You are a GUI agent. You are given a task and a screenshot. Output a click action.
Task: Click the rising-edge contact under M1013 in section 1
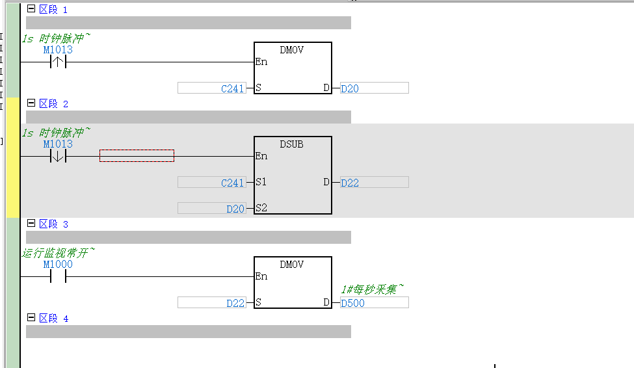coord(58,62)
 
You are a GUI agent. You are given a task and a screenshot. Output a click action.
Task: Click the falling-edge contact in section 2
coord(58,156)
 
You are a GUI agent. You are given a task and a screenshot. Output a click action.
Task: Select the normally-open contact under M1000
coord(58,276)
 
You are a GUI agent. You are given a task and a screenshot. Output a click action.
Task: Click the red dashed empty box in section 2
coord(137,155)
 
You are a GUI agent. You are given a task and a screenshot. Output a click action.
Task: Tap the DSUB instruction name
coord(291,144)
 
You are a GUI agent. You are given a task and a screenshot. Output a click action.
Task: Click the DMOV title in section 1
coord(291,50)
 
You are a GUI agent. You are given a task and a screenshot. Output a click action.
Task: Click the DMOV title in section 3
coord(291,265)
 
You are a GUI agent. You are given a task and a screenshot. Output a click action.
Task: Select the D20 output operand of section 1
coord(350,88)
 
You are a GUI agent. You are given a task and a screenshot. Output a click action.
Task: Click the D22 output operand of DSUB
coord(350,183)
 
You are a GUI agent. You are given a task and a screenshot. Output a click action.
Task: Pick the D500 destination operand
coord(352,303)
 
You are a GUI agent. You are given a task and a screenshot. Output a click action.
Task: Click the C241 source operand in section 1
coord(233,88)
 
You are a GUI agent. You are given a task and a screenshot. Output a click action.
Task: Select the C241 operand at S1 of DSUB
coord(233,183)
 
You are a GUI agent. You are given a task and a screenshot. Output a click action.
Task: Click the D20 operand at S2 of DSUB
coord(235,209)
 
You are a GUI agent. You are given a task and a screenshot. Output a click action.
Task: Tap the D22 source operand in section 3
coord(235,303)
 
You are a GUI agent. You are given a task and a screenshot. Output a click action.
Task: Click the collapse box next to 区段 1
coord(31,8)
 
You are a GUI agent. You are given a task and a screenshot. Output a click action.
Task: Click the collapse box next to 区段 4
coord(31,317)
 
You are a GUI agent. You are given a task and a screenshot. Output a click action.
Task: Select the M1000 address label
coord(58,265)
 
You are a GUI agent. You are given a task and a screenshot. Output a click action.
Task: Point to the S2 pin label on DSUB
coord(261,208)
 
